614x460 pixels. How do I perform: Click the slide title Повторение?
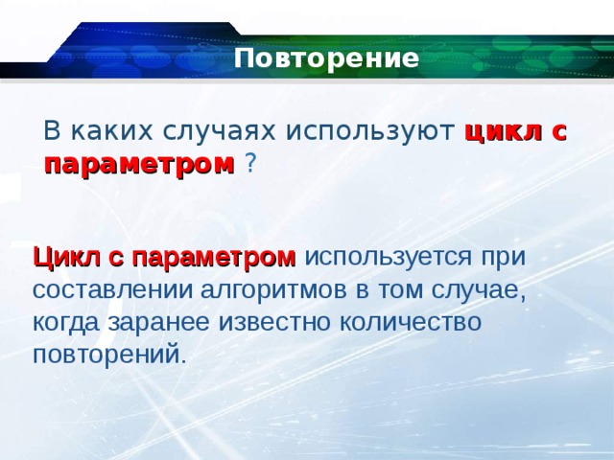(326, 59)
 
